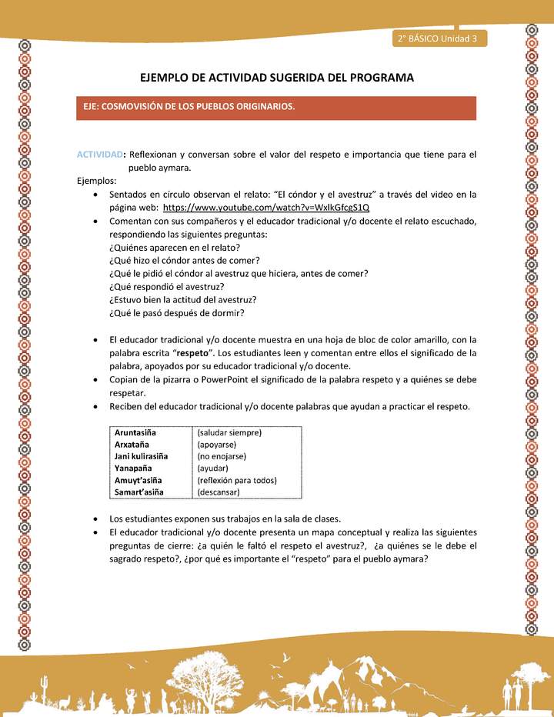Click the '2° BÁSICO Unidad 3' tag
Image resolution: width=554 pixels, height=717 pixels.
(x=437, y=38)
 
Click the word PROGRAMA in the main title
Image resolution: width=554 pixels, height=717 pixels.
(x=379, y=78)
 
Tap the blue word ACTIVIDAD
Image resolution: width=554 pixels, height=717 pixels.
(x=101, y=154)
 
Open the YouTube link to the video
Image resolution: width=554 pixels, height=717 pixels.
(x=266, y=208)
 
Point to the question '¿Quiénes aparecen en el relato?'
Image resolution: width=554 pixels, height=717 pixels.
(x=175, y=247)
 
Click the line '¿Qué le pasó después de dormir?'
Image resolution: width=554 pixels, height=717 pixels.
(x=176, y=312)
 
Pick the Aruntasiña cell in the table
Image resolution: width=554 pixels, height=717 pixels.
(x=136, y=432)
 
